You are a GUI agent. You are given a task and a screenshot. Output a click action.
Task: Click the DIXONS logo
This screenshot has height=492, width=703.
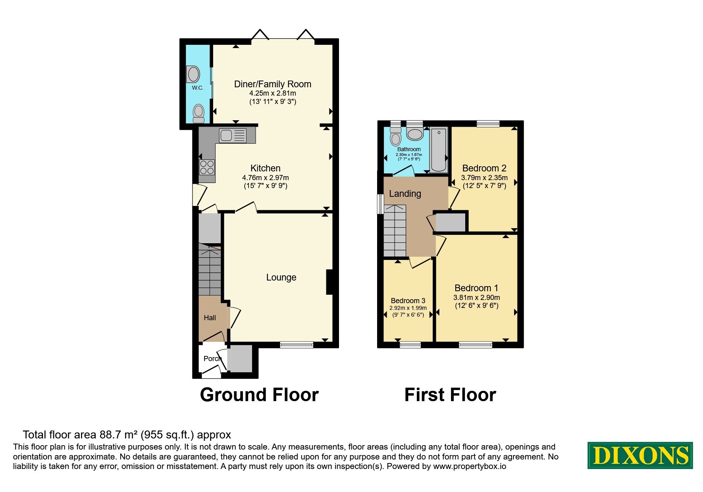pyautogui.click(x=640, y=455)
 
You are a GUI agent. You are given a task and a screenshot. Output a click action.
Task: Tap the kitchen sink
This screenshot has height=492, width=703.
pyautogui.click(x=232, y=135)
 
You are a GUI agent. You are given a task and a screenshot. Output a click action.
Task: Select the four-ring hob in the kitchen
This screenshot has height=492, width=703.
pyautogui.click(x=207, y=167)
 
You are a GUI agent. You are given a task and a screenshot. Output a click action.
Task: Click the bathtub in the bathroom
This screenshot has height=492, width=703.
pyautogui.click(x=439, y=150)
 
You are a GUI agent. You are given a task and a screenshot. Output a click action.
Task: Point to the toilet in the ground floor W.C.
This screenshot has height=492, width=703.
pyautogui.click(x=198, y=113)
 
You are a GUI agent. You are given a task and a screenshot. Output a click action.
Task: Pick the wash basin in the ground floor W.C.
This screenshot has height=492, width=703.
pyautogui.click(x=193, y=74)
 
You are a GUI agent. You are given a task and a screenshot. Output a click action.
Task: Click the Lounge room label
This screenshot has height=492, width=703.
pyautogui.click(x=281, y=277)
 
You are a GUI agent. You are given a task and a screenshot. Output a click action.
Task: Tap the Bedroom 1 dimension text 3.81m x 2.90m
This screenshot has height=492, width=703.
pyautogui.click(x=476, y=298)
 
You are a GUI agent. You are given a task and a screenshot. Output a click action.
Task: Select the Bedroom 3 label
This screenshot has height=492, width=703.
pyautogui.click(x=408, y=301)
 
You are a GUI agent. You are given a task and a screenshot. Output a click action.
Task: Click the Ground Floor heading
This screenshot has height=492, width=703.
pyautogui.click(x=259, y=395)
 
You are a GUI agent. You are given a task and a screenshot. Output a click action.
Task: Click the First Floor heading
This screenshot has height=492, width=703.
pyautogui.click(x=450, y=395)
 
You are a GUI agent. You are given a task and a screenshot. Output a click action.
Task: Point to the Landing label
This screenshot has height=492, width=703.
pyautogui.click(x=405, y=194)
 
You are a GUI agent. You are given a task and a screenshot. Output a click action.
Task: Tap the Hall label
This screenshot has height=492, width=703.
pyautogui.click(x=210, y=318)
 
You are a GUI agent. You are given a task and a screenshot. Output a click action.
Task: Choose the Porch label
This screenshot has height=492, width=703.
pyautogui.click(x=212, y=359)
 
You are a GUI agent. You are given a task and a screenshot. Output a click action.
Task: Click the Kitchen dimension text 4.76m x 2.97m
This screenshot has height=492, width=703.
pyautogui.click(x=266, y=178)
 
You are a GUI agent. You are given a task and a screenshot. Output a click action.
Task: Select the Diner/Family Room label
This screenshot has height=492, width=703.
pyautogui.click(x=273, y=84)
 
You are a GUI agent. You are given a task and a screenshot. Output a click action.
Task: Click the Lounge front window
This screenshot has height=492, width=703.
pyautogui.click(x=297, y=345)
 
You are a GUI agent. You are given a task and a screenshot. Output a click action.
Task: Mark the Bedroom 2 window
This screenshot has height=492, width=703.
pyautogui.click(x=488, y=123)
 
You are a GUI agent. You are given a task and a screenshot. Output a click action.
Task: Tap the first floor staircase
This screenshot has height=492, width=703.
pyautogui.click(x=395, y=231)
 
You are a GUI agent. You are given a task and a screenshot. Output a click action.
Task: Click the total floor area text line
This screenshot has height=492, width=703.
pyautogui.click(x=127, y=435)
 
